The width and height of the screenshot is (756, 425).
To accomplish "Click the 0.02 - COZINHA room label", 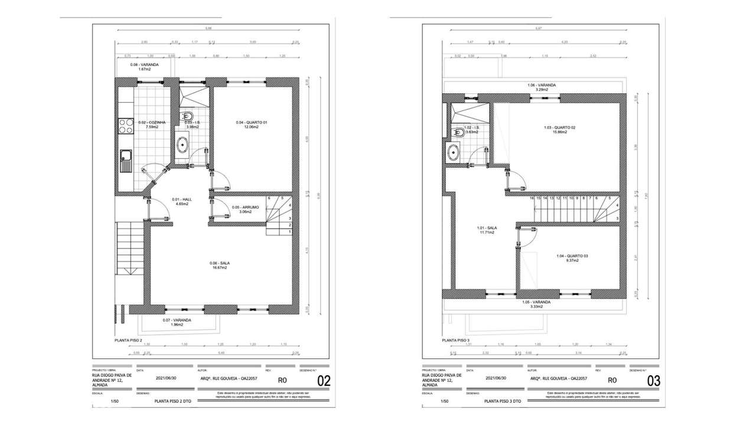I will click(x=152, y=123).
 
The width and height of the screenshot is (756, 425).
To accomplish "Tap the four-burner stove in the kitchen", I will click(x=126, y=126).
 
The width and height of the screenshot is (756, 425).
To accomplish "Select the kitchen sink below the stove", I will click(x=126, y=157).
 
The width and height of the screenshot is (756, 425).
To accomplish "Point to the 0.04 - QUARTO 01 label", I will click(x=252, y=123).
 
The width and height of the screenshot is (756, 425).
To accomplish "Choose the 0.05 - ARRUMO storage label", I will click(x=244, y=207).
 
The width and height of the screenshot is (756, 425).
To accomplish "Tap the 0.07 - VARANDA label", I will click(x=173, y=320).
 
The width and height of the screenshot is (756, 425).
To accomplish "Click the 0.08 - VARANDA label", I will click(x=144, y=64).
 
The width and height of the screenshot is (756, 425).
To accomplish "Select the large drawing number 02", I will click(x=324, y=381).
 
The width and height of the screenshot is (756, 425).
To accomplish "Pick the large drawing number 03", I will click(x=653, y=381).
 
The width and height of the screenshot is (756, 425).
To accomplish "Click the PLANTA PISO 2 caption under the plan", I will click(x=128, y=341).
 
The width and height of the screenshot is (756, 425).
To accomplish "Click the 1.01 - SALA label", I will click(x=487, y=228).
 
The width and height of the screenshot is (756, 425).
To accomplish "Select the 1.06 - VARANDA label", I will click(x=542, y=85).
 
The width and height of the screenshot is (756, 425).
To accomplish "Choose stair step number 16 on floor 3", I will click(x=532, y=198).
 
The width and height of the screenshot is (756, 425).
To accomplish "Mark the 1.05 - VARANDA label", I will click(x=536, y=302).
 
